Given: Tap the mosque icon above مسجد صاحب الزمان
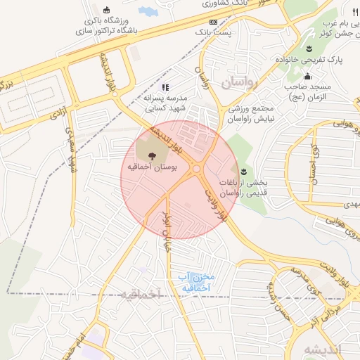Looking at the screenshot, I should (x=307, y=77).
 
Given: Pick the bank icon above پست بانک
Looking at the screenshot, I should (x=214, y=22).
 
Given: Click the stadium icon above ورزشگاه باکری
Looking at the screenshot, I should (x=106, y=10).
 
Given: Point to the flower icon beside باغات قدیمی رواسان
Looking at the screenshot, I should (x=243, y=171).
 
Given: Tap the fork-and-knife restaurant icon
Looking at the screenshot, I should (x=354, y=11).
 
